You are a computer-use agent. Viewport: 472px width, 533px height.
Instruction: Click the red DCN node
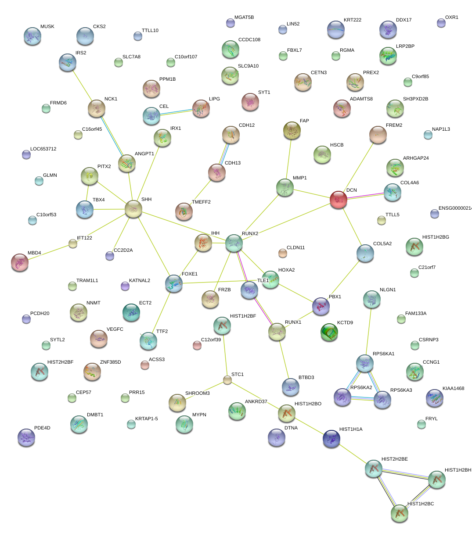coord(339,199)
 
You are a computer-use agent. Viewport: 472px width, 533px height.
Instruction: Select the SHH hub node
coord(133,209)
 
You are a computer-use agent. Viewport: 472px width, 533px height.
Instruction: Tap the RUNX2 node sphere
coord(234,243)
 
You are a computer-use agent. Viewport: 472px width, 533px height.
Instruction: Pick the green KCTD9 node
coord(329,332)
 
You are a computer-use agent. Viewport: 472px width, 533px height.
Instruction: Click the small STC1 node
coord(227,380)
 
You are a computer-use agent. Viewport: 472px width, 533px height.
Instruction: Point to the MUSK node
coord(32,36)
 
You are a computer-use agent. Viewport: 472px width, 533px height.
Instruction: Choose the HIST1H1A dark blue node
coord(331,439)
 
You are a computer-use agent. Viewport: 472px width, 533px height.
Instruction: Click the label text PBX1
coord(335,297)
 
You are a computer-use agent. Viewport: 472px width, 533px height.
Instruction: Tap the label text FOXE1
coord(190,274)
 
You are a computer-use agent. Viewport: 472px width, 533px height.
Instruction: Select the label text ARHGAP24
coord(415,158)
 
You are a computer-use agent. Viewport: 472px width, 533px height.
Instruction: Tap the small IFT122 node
coord(73,244)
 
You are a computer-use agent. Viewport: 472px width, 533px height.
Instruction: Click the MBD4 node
coord(19,262)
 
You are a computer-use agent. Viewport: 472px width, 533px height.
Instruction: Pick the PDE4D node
coord(26,437)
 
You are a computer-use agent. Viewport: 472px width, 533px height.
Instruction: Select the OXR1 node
coord(441,23)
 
